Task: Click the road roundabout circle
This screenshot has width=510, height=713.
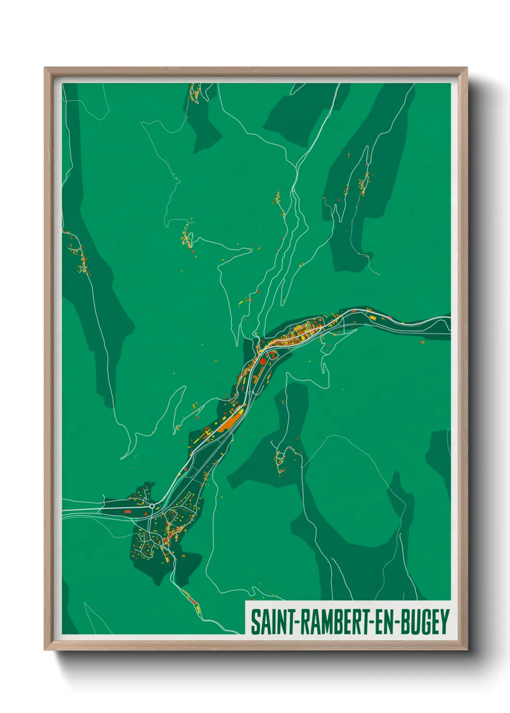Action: (x=152, y=506)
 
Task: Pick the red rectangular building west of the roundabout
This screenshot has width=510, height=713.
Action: (x=128, y=511)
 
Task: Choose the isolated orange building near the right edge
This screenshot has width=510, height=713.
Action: (x=423, y=343)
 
